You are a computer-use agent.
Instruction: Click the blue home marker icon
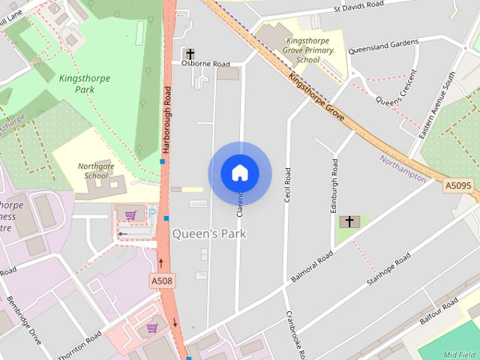[240, 173]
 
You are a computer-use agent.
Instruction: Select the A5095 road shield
[458, 185]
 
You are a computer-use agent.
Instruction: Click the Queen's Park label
[209, 234]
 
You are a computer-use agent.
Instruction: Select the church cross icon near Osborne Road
[190, 54]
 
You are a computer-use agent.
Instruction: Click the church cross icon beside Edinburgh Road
[348, 222]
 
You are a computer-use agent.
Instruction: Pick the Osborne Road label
[205, 64]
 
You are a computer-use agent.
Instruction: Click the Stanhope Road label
[387, 273]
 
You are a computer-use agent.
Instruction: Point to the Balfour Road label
[439, 310]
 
